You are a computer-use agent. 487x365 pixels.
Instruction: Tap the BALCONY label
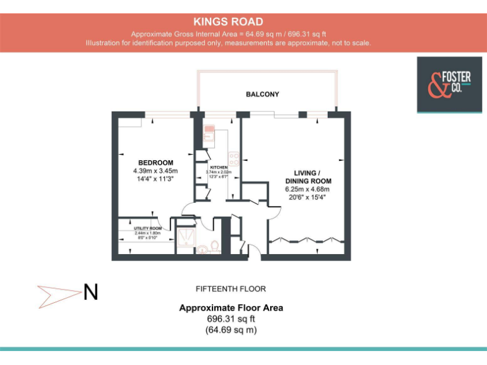pos(263,94)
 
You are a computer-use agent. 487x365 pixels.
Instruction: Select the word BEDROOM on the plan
pos(155,163)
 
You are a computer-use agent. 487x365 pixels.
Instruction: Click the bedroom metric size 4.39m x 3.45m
pos(155,171)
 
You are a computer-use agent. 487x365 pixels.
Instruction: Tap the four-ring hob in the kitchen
pos(234,156)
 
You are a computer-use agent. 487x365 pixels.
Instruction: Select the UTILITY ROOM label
pos(148,228)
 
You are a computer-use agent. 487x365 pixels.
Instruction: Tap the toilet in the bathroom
pos(214,245)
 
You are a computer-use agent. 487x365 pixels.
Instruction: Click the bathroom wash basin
pos(202,249)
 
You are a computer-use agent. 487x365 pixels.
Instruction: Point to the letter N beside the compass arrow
pos(91,293)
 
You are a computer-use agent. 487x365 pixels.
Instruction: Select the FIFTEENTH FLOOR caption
pos(231,289)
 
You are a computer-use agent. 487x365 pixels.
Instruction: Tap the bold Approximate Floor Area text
pos(231,308)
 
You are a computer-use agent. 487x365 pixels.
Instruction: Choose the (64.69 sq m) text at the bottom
pos(231,330)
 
